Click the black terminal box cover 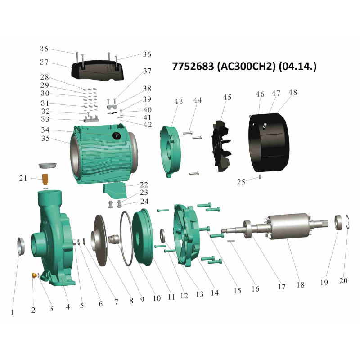(98, 70)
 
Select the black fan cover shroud (269, 142)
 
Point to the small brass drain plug (35, 275)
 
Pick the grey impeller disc (100, 240)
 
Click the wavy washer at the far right (347, 222)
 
